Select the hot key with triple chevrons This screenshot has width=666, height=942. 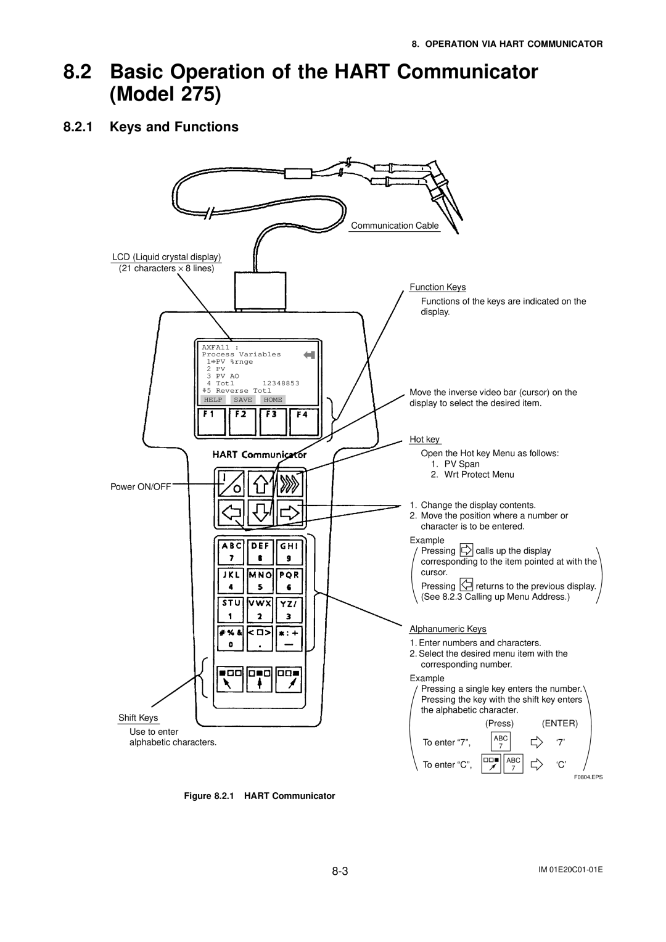(289, 483)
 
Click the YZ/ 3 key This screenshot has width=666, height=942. (289, 608)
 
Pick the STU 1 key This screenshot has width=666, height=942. (231, 608)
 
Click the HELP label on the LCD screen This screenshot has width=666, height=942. (213, 400)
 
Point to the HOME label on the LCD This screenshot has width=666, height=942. (273, 400)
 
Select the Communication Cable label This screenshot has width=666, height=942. (395, 226)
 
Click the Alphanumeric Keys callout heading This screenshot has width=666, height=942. (448, 629)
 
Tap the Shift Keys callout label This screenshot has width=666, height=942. (138, 718)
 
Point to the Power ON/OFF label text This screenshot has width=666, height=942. (141, 486)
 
